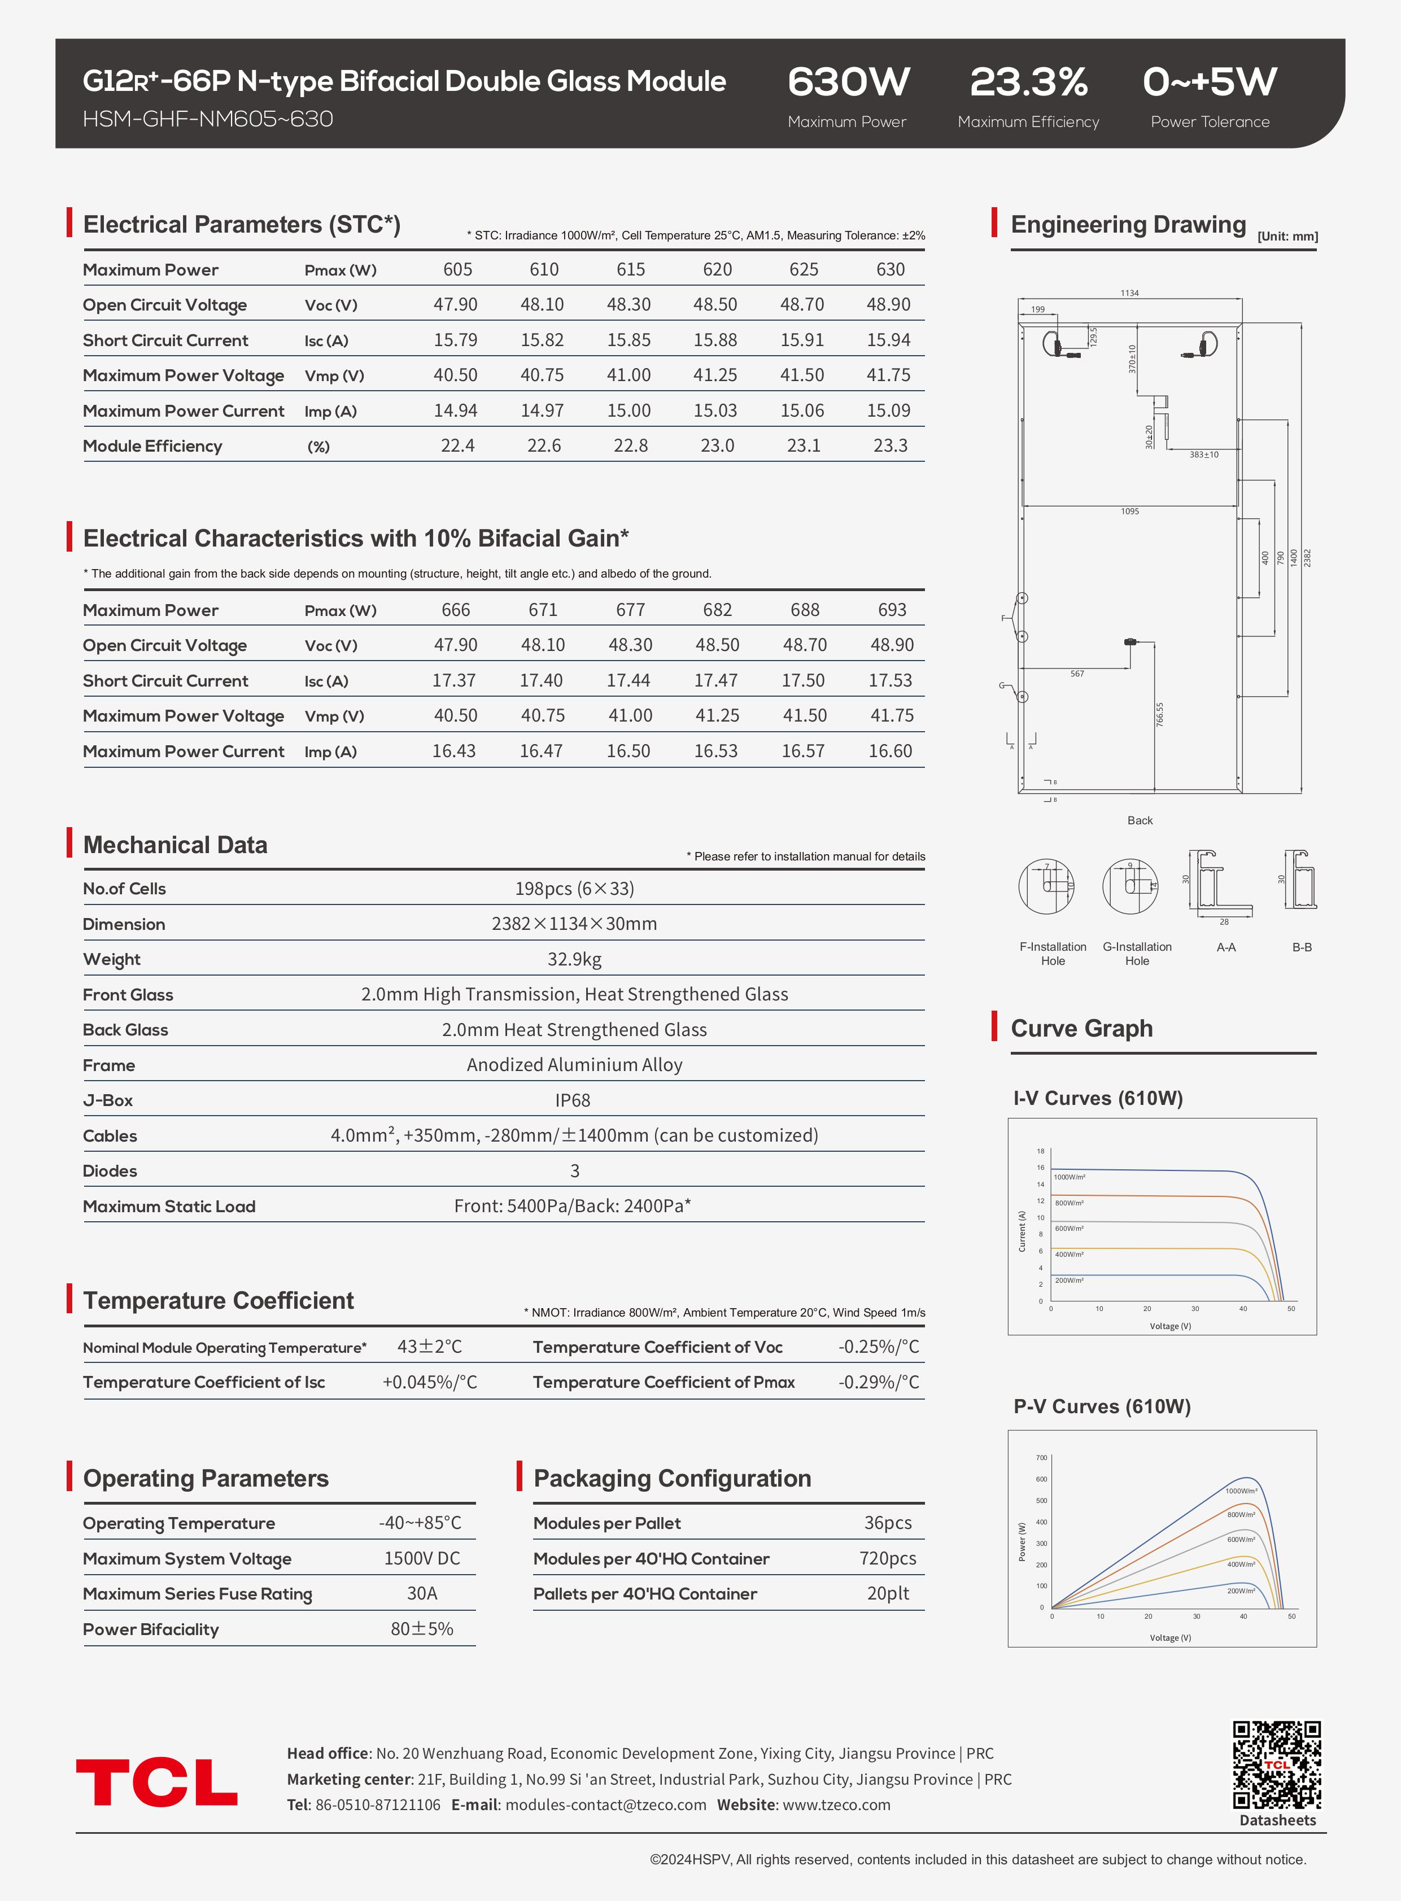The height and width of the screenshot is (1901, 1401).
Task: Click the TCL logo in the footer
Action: [x=157, y=1782]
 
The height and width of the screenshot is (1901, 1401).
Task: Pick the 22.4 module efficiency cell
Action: [x=457, y=446]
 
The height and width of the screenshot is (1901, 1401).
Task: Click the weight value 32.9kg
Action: [x=574, y=959]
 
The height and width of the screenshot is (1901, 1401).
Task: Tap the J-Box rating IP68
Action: [x=573, y=1100]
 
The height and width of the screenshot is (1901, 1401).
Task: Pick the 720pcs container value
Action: [x=887, y=1558]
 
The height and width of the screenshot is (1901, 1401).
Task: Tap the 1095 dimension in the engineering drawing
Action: [x=1129, y=512]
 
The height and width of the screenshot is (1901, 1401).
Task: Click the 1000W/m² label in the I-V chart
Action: [x=1070, y=1177]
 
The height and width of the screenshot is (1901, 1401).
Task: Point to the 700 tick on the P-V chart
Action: [x=1041, y=1458]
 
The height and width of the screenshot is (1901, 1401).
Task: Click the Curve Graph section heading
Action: [x=1081, y=1029]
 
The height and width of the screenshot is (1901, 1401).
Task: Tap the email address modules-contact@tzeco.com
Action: [x=605, y=1804]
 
